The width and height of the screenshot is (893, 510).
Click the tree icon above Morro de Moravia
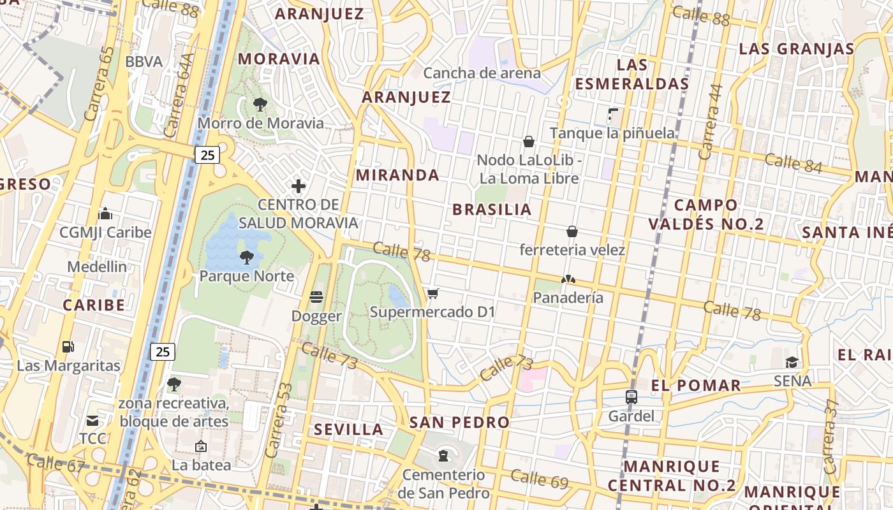point(260,104)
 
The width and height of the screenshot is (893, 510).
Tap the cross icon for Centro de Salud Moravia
point(298,186)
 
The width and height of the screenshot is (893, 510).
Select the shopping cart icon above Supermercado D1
point(433,293)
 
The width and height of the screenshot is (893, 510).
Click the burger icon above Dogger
point(316,297)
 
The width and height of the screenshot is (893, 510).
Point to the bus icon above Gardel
point(631,397)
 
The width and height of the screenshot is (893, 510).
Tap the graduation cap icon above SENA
point(792,362)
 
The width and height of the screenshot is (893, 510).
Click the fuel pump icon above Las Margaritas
point(68,347)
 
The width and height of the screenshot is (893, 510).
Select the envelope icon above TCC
point(92,421)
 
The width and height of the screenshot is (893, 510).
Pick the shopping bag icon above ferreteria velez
point(572,231)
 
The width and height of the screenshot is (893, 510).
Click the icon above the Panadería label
point(568,279)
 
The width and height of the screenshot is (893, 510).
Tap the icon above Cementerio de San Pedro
point(443,456)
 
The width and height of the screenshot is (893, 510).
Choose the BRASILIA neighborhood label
point(492,210)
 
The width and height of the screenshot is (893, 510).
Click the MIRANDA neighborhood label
point(397,175)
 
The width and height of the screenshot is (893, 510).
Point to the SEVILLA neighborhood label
point(348,430)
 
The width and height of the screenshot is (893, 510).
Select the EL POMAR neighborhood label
point(696,385)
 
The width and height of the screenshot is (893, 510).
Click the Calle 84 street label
point(793,163)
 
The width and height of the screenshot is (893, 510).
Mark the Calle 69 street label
point(539,479)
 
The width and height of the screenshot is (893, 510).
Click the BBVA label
point(144,62)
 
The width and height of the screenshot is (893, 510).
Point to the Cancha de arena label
point(482,73)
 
